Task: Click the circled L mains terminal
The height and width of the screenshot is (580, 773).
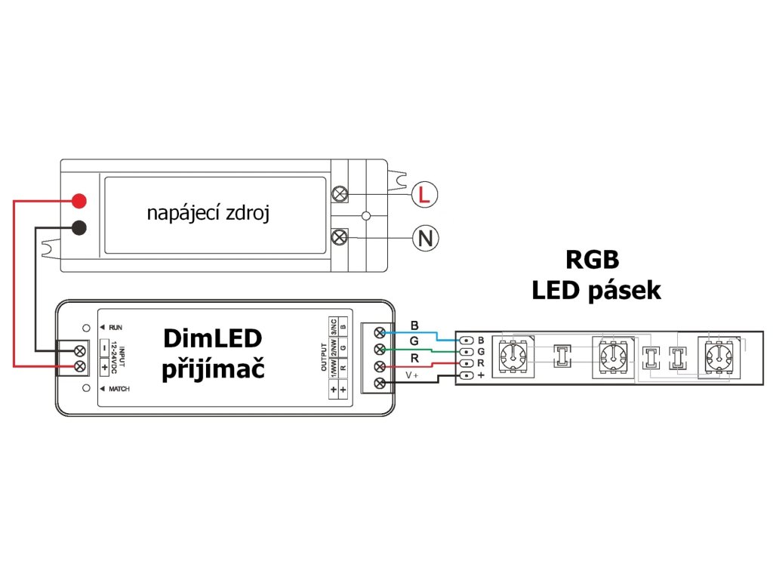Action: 424,196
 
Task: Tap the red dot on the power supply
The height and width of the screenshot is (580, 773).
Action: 79,201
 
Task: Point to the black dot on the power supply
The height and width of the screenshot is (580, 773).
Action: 79,227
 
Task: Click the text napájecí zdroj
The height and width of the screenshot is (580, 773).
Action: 208,213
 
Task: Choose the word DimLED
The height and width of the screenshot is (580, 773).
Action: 212,339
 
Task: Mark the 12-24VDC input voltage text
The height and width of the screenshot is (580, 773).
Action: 115,358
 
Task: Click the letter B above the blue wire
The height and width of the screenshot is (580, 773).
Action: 414,325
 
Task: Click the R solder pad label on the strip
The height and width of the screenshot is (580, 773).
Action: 480,363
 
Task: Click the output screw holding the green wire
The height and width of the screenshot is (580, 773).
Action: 380,349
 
